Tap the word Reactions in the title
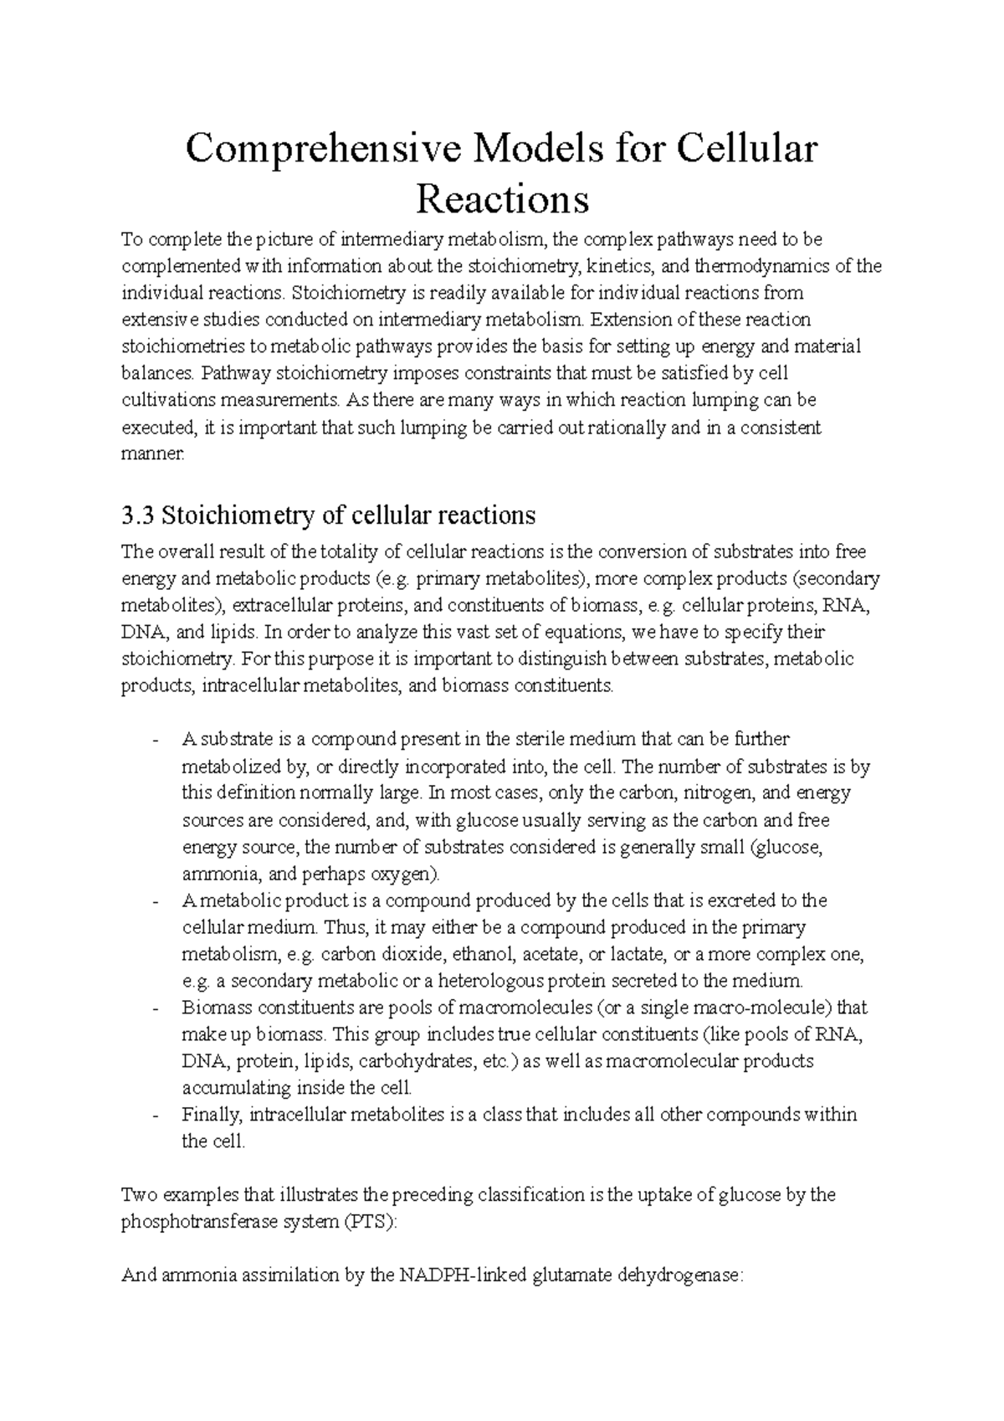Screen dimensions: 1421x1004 (502, 199)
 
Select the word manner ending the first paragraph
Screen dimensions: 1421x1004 (151, 455)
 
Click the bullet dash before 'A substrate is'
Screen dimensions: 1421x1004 (156, 740)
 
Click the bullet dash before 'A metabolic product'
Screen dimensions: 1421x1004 (156, 901)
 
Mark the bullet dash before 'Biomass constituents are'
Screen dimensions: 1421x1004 (156, 1008)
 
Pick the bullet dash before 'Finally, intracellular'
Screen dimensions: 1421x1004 (156, 1116)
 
